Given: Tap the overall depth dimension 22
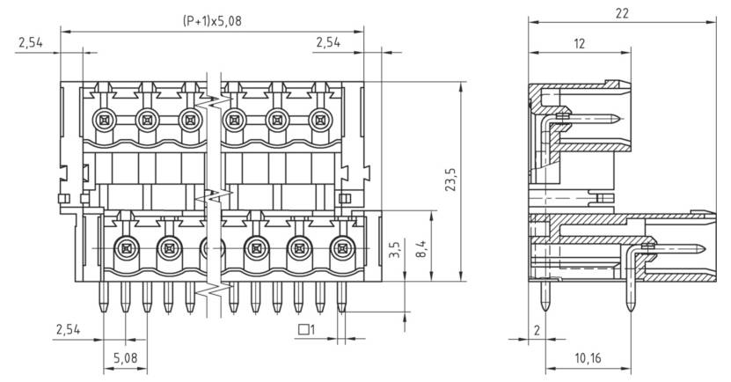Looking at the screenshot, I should [623, 12].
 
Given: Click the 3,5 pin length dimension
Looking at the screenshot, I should [395, 250].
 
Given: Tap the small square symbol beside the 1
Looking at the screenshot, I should [303, 330].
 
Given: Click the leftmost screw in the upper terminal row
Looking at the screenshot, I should [104, 118].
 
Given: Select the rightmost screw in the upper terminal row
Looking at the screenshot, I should [323, 118].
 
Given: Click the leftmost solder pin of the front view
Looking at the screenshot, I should [104, 298].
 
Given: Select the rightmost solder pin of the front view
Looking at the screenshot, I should [340, 298].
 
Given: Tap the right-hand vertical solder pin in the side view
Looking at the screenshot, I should [630, 290].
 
